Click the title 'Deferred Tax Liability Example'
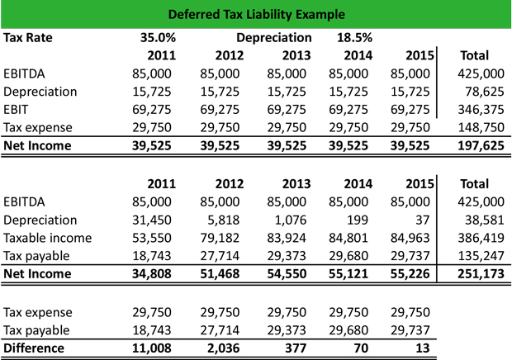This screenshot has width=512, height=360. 255,15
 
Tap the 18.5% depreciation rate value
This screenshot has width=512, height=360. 353,38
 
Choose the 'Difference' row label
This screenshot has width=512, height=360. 35,348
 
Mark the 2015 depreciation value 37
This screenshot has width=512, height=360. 421,219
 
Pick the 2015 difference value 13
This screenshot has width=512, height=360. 423,348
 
